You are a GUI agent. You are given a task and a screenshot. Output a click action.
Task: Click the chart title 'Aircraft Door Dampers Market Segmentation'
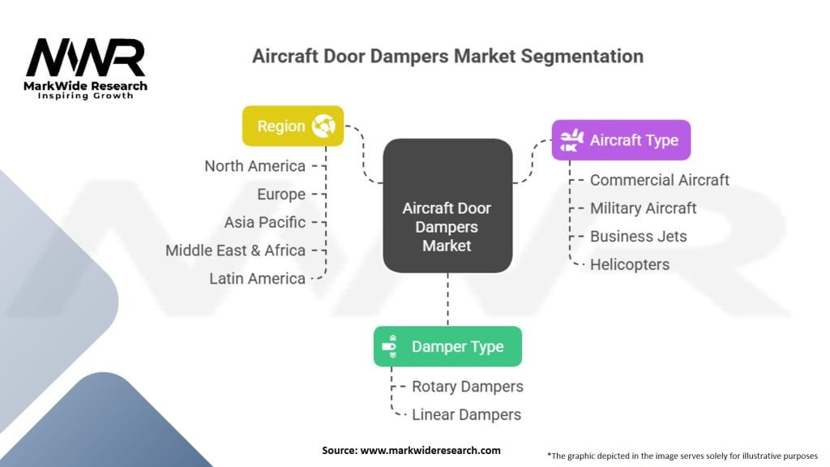447,56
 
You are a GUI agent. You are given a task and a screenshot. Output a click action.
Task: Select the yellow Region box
293,126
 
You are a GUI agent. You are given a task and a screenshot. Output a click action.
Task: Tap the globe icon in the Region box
324,126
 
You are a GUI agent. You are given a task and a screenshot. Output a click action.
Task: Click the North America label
255,166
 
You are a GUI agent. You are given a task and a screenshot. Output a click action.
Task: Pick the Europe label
281,195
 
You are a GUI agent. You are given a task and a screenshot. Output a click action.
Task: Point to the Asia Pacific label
265,222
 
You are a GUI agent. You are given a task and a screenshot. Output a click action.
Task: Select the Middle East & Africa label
235,251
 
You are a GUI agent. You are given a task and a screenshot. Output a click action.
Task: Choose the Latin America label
257,278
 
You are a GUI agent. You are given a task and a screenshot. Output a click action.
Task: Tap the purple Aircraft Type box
621,140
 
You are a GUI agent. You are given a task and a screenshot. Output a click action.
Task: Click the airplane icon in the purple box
571,140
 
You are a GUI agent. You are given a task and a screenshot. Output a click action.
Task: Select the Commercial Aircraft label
659,180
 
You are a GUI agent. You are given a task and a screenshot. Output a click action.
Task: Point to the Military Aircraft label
643,208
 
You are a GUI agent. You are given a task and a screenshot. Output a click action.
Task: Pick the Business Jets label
638,237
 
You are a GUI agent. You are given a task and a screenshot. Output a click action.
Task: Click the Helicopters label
630,264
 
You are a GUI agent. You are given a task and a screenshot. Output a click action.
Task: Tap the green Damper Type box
447,346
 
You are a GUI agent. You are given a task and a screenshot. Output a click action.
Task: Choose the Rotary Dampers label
467,386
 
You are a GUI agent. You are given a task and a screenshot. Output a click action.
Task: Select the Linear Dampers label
466,414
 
